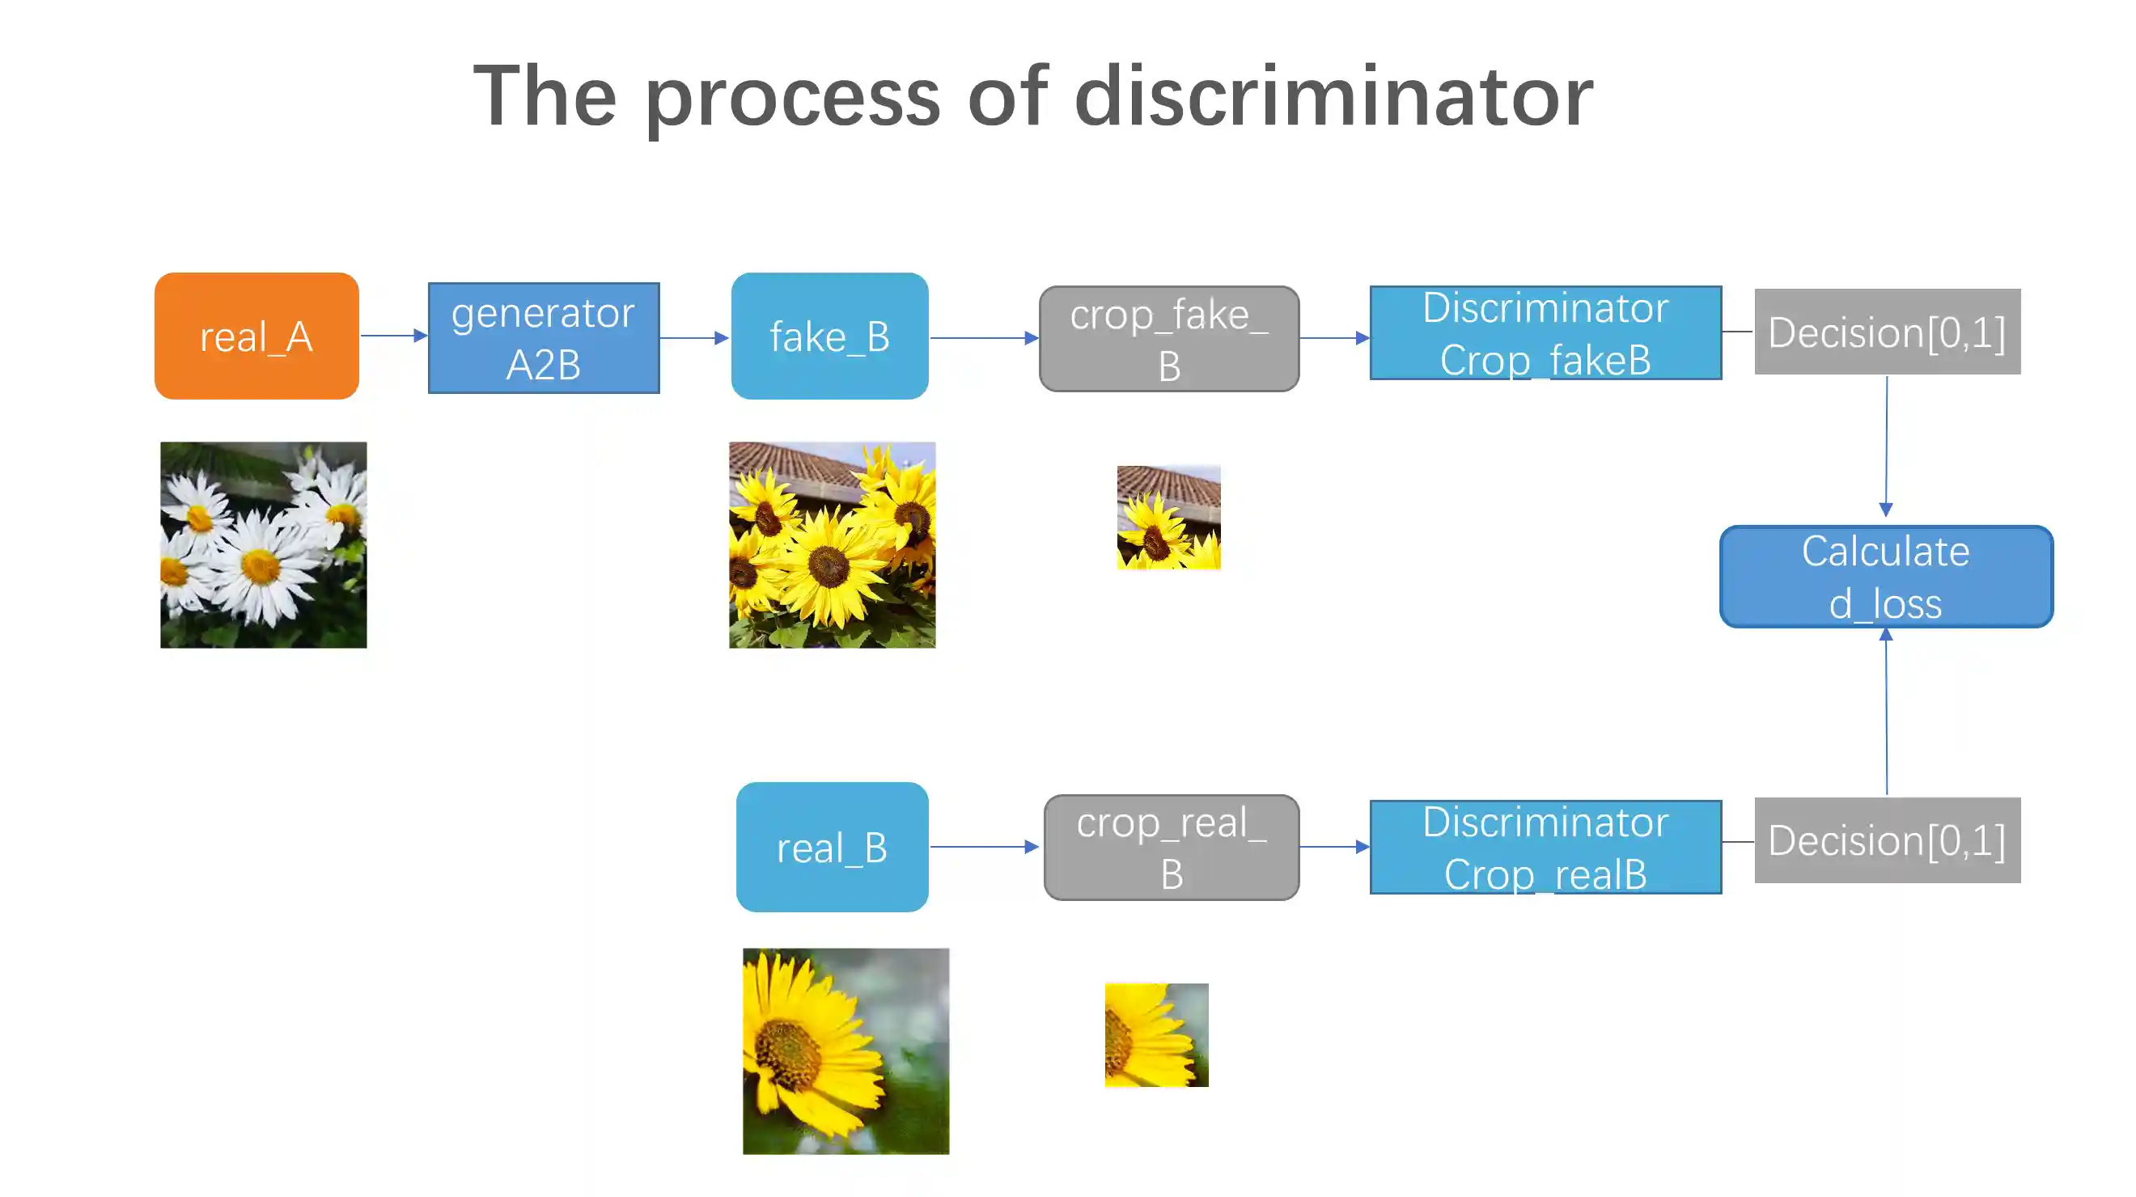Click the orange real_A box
click(x=256, y=336)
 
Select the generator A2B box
click(x=543, y=337)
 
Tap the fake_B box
click(x=829, y=336)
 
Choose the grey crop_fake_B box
click(x=1168, y=338)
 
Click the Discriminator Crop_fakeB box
click(x=1545, y=333)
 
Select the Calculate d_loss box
click(x=1885, y=576)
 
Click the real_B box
click(x=832, y=846)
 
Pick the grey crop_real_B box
click(x=1171, y=847)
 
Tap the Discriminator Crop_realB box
click(x=1545, y=847)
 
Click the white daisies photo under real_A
click(x=263, y=544)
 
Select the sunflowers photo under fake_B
click(x=832, y=544)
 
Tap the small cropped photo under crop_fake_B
click(x=1168, y=518)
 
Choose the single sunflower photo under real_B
click(x=845, y=1051)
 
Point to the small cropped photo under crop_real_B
click(x=1156, y=1034)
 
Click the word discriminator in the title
click(x=1333, y=97)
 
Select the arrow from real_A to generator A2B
click(x=394, y=336)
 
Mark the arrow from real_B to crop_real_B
click(x=984, y=846)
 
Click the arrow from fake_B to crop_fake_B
click(x=983, y=337)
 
